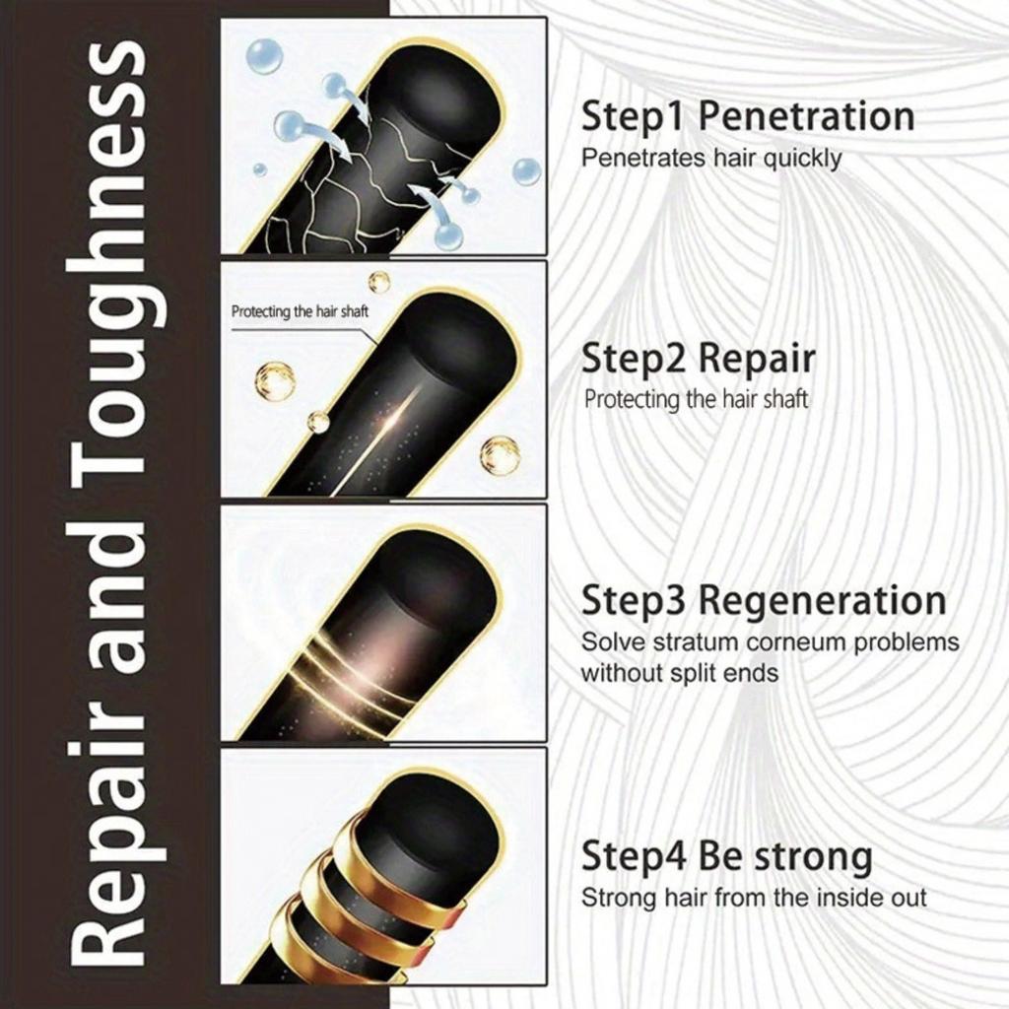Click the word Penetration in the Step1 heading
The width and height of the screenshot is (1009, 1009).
[x=806, y=117]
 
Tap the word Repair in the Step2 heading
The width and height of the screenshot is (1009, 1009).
[x=757, y=360]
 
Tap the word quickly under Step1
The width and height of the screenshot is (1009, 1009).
[x=802, y=158]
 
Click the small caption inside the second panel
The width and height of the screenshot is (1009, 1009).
[x=298, y=312]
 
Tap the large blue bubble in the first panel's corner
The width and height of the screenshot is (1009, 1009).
[x=263, y=55]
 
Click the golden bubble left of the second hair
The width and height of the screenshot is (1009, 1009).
[x=274, y=380]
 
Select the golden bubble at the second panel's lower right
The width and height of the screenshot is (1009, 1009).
[x=500, y=455]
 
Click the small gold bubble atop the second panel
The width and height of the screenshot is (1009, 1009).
[x=379, y=282]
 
